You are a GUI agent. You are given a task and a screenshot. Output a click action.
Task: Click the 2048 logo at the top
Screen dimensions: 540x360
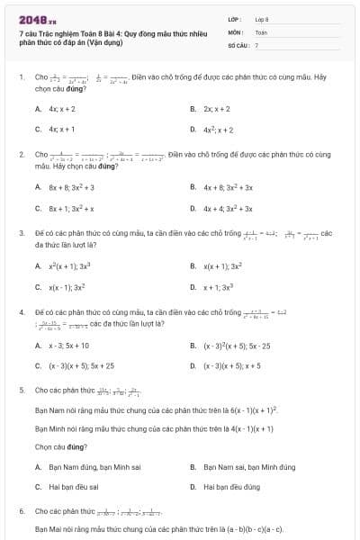click(x=31, y=18)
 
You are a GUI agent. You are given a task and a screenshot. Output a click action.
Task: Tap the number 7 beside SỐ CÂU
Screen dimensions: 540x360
click(x=256, y=44)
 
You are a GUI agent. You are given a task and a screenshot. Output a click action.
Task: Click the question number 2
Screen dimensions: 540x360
click(x=21, y=155)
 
